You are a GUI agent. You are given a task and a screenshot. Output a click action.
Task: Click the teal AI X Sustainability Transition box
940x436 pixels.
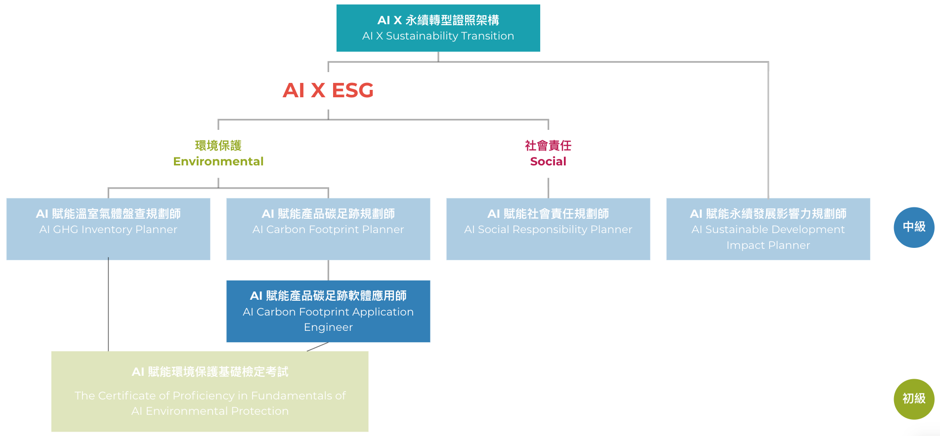[438, 28]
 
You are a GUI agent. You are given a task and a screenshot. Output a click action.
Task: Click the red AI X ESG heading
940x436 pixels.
[328, 90]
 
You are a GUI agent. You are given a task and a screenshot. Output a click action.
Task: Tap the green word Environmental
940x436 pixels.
[218, 161]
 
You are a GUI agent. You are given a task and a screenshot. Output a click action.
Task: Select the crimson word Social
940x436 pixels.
[548, 161]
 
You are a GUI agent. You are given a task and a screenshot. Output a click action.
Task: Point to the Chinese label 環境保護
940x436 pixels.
[218, 146]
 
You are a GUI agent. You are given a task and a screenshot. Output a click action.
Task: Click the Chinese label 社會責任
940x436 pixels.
[548, 146]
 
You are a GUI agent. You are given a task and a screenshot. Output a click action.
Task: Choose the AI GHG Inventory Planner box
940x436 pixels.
[108, 229]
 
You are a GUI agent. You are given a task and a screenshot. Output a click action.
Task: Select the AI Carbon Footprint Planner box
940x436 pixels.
[328, 229]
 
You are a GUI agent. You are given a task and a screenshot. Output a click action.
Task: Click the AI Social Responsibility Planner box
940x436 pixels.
[548, 229]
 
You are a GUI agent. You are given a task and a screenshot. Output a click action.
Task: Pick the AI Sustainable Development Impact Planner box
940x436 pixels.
[768, 229]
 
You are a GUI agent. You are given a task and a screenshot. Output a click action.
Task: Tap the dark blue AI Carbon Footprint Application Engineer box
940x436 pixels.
[328, 311]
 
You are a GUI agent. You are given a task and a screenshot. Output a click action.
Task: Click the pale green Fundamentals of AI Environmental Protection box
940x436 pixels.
[210, 391]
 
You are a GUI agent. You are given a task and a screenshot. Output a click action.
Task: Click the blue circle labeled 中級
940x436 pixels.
[914, 227]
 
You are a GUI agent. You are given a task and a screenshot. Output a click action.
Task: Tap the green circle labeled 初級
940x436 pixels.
[914, 399]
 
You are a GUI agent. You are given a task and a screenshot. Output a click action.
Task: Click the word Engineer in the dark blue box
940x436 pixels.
[328, 327]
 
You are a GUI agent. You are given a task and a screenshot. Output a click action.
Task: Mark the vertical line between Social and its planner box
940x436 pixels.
[548, 188]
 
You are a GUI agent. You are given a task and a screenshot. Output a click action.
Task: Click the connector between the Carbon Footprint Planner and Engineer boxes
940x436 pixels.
[328, 270]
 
